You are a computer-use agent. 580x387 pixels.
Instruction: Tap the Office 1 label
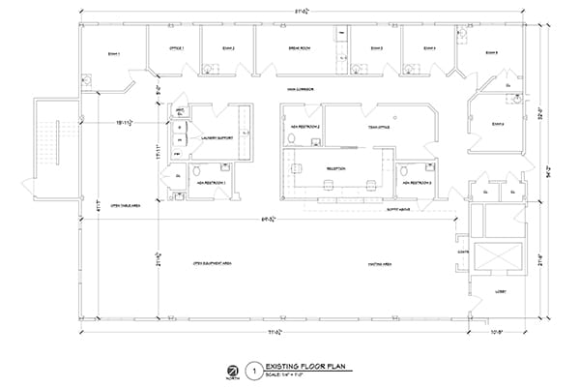(176, 47)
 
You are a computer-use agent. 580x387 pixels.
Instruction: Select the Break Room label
(298, 47)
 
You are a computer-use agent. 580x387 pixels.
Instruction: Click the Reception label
(336, 166)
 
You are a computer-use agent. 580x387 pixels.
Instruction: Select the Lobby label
(502, 288)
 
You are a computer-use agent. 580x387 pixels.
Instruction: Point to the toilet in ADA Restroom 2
(291, 138)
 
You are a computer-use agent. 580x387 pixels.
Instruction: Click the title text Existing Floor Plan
(307, 366)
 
